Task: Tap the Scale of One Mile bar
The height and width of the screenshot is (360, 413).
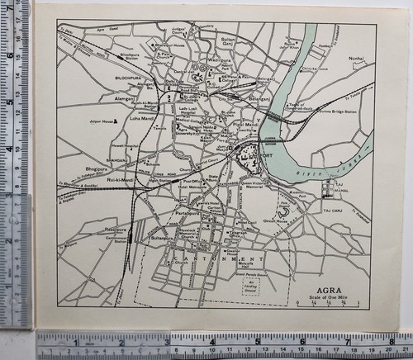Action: point(330,306)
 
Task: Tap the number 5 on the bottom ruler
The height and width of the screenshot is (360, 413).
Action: point(258,339)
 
